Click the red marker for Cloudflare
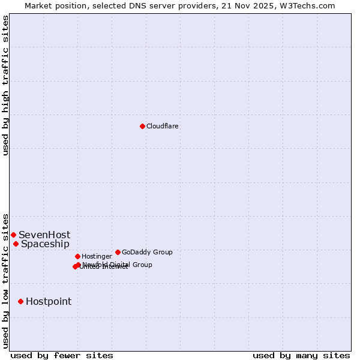(x=142, y=126)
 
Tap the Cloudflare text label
(x=163, y=127)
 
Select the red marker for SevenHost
(x=13, y=235)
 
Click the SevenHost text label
(x=44, y=235)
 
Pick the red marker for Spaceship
(x=16, y=244)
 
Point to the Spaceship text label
(x=45, y=244)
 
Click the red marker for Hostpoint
(x=20, y=301)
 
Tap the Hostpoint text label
(x=49, y=302)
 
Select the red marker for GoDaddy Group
(x=118, y=252)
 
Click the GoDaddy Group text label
(x=147, y=253)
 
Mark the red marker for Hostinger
(x=77, y=256)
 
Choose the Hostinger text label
(x=97, y=257)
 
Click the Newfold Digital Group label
(x=118, y=265)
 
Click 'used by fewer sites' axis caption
(x=62, y=356)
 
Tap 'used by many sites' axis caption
(x=301, y=356)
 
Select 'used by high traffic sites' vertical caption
(x=5, y=85)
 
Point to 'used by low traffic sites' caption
(x=5, y=281)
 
